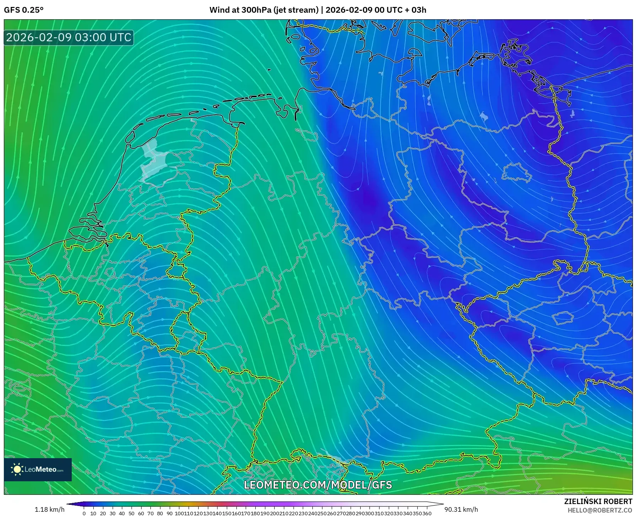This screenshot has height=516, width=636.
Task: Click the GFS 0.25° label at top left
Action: (24, 10)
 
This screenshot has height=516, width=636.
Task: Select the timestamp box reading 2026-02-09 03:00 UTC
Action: (69, 37)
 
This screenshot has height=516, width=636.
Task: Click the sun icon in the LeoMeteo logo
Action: (17, 469)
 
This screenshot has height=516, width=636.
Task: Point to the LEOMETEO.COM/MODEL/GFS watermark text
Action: (318, 485)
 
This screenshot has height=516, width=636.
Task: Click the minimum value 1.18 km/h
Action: (49, 509)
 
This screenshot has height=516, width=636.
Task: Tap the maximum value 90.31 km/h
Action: (461, 509)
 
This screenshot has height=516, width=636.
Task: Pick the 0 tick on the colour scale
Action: (84, 513)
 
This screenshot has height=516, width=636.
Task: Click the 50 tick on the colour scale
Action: (132, 513)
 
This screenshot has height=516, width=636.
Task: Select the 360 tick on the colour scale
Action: (427, 513)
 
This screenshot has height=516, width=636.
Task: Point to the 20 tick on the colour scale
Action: (103, 513)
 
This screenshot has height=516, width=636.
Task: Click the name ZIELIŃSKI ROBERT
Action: (598, 501)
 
